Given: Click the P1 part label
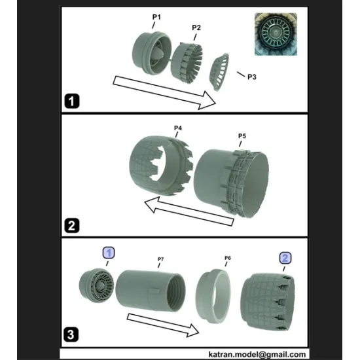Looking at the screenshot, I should (x=157, y=16).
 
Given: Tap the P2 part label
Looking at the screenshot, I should (x=196, y=27).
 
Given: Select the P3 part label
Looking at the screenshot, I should (x=251, y=77).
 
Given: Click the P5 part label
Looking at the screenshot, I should (x=242, y=135).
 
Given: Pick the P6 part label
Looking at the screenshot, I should (x=228, y=258).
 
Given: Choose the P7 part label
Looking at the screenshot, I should (x=160, y=259).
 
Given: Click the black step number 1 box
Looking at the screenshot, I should (x=72, y=101).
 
